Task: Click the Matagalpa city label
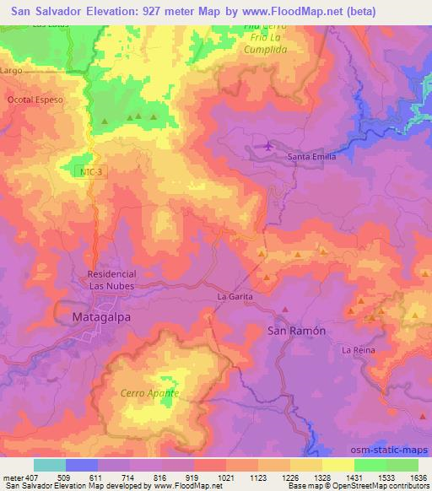coord(95,316)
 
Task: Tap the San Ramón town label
coord(296,331)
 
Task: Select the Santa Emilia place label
coord(312,157)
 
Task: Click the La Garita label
coord(235,297)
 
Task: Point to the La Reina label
coord(358,348)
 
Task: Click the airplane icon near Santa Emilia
coord(268,148)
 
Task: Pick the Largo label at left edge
coord(11,72)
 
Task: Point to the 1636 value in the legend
coord(419,477)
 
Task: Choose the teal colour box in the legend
coord(50,465)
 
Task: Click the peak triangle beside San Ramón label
coord(286,310)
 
